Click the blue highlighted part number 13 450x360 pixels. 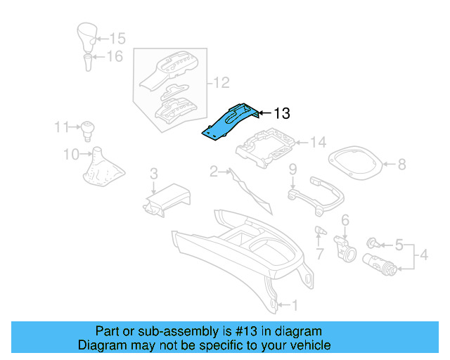(229, 122)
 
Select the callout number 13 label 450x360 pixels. (281, 112)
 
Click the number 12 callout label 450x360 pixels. (221, 84)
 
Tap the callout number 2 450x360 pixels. (213, 170)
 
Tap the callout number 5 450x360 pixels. (399, 245)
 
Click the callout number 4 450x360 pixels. (424, 257)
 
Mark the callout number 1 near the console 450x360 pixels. (295, 305)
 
